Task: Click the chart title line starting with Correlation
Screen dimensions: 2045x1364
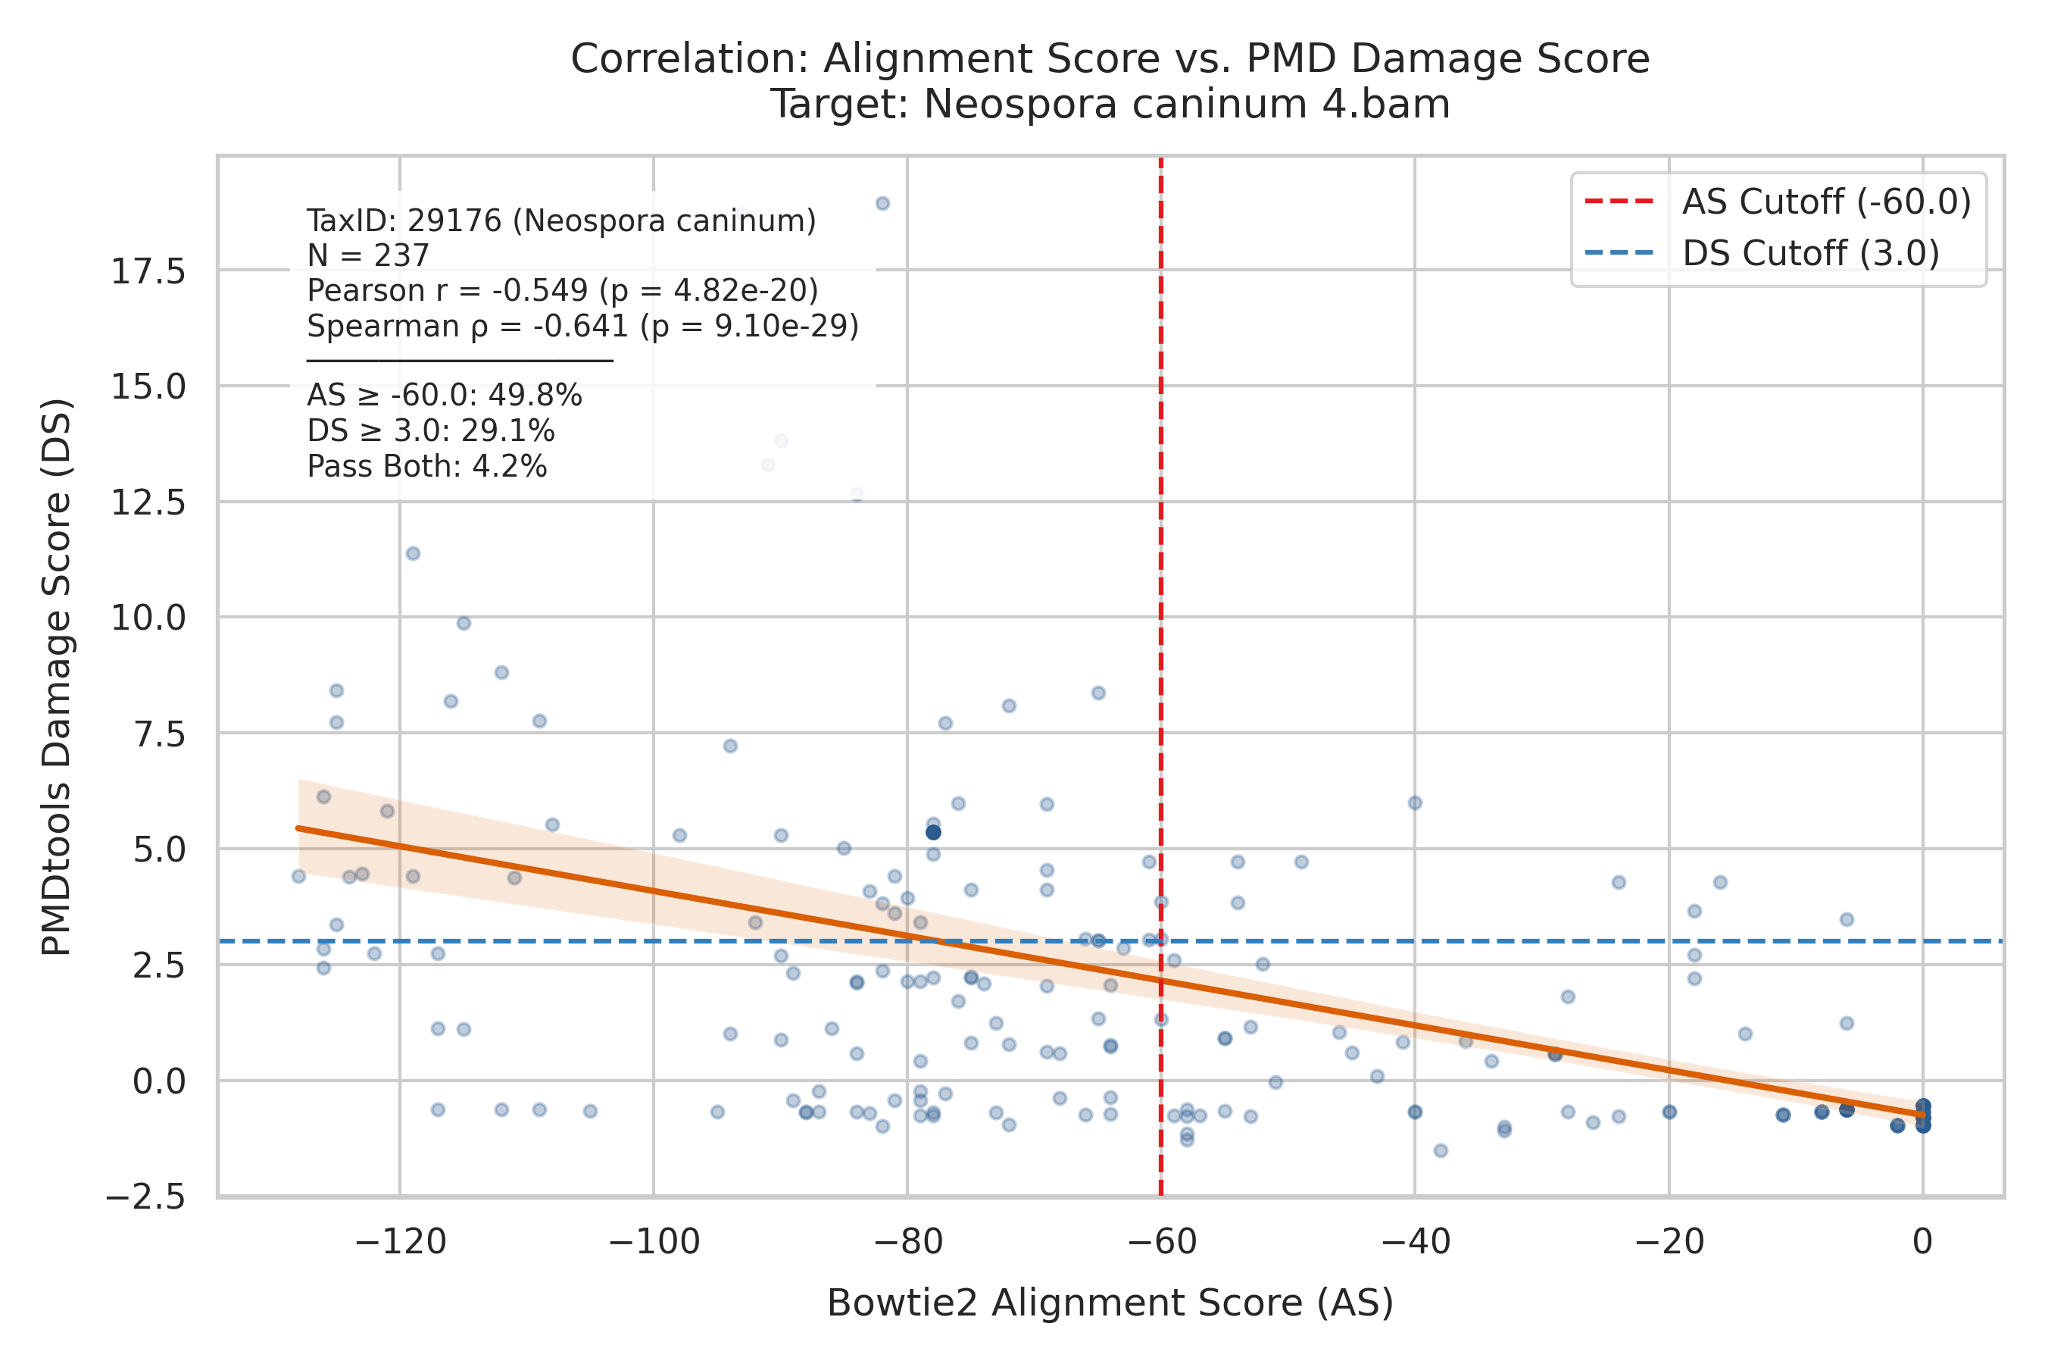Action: (x=1110, y=59)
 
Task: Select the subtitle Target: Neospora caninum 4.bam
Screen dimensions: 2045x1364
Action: (x=1110, y=105)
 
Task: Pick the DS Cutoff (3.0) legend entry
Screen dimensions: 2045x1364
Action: (x=1762, y=253)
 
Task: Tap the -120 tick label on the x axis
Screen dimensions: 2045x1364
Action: (x=401, y=1240)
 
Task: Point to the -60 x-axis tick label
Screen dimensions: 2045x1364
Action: (x=1162, y=1240)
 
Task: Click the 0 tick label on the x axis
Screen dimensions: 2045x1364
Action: (x=1923, y=1240)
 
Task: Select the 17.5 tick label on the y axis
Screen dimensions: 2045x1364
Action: (x=148, y=272)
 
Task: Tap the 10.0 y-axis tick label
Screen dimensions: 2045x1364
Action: (x=148, y=618)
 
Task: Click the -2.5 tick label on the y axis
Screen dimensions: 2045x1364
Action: (x=145, y=1198)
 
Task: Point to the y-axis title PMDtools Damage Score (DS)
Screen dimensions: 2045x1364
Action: (x=58, y=677)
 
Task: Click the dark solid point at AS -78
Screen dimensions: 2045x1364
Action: (x=933, y=833)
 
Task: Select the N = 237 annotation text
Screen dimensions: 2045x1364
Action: (x=369, y=256)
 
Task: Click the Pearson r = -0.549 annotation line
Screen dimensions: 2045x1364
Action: (x=563, y=290)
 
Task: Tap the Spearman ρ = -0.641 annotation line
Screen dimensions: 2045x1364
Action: (x=582, y=326)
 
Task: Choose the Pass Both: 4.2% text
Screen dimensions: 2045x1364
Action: (x=427, y=467)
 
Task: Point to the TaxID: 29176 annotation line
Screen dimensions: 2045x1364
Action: (x=562, y=221)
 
